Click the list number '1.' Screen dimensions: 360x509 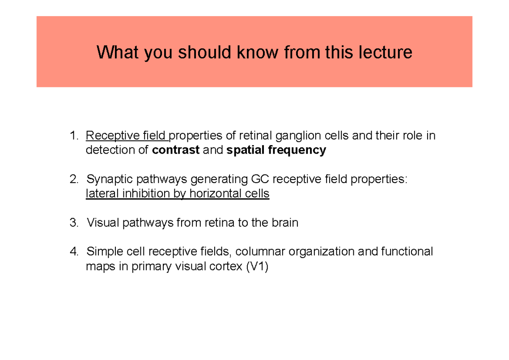74,136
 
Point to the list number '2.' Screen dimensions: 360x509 74,180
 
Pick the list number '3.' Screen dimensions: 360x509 74,223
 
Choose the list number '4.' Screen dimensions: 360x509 74,252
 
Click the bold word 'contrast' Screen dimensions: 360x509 176,150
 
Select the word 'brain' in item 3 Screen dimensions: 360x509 284,223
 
